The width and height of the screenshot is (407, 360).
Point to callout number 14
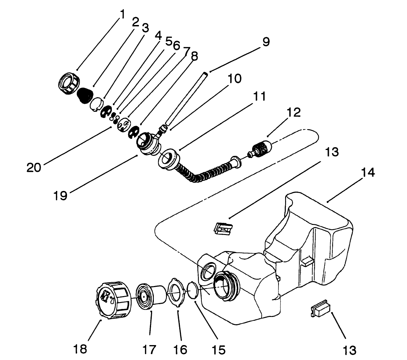point(368,172)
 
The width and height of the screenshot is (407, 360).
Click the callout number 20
point(34,167)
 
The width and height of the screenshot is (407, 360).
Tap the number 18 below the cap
point(81,348)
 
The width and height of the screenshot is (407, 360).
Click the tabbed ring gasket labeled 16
point(178,290)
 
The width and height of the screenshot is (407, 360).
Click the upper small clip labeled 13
point(224,228)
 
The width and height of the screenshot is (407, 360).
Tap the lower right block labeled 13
point(320,308)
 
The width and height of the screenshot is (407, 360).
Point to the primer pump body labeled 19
point(149,143)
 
